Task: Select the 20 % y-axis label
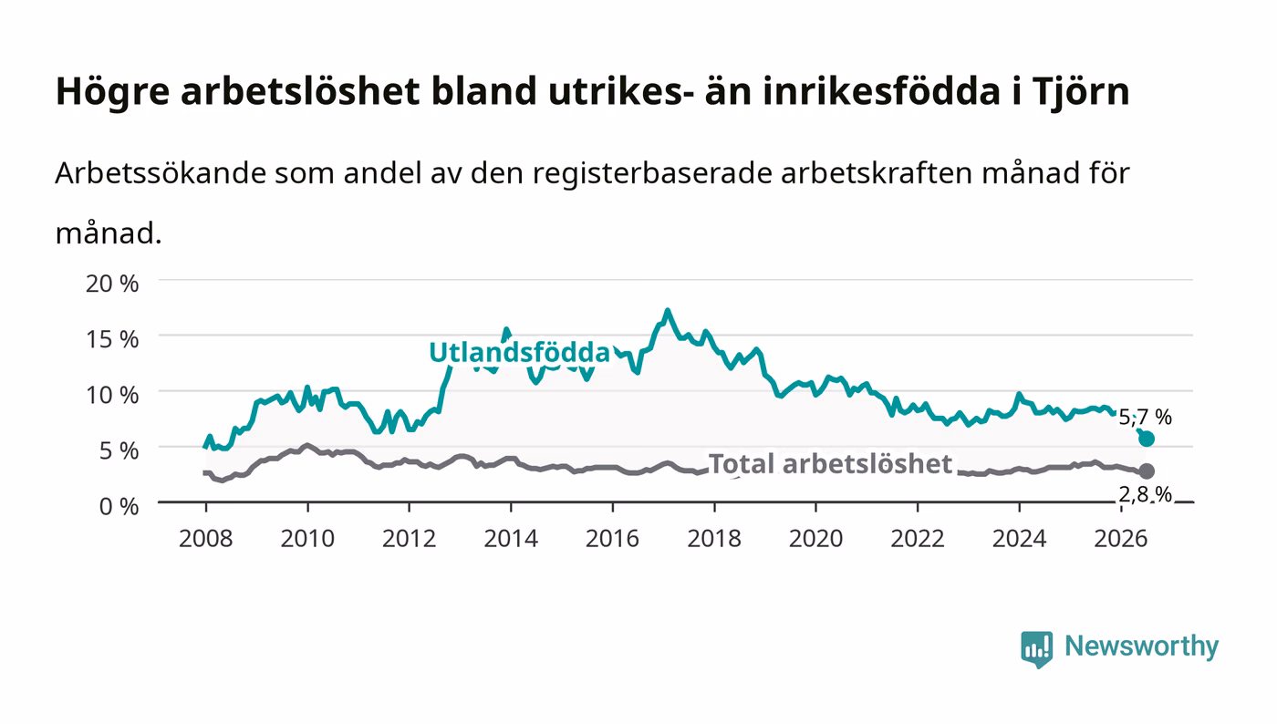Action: (112, 284)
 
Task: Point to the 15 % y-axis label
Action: (112, 339)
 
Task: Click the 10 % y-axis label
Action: (112, 395)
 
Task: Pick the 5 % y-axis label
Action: (119, 451)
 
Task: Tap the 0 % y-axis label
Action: (119, 506)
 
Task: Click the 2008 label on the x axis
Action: (206, 539)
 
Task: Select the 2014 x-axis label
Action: (511, 539)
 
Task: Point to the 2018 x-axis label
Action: (713, 539)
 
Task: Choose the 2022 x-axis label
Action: (918, 539)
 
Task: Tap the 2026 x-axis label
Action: (1120, 539)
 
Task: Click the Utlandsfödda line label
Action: (519, 352)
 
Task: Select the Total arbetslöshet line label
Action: (830, 464)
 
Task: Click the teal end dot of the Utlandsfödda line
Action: (1147, 439)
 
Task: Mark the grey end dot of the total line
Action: (1147, 471)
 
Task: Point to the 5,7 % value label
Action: (1145, 418)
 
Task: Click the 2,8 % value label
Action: (1145, 494)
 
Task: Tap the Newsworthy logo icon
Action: (1036, 648)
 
